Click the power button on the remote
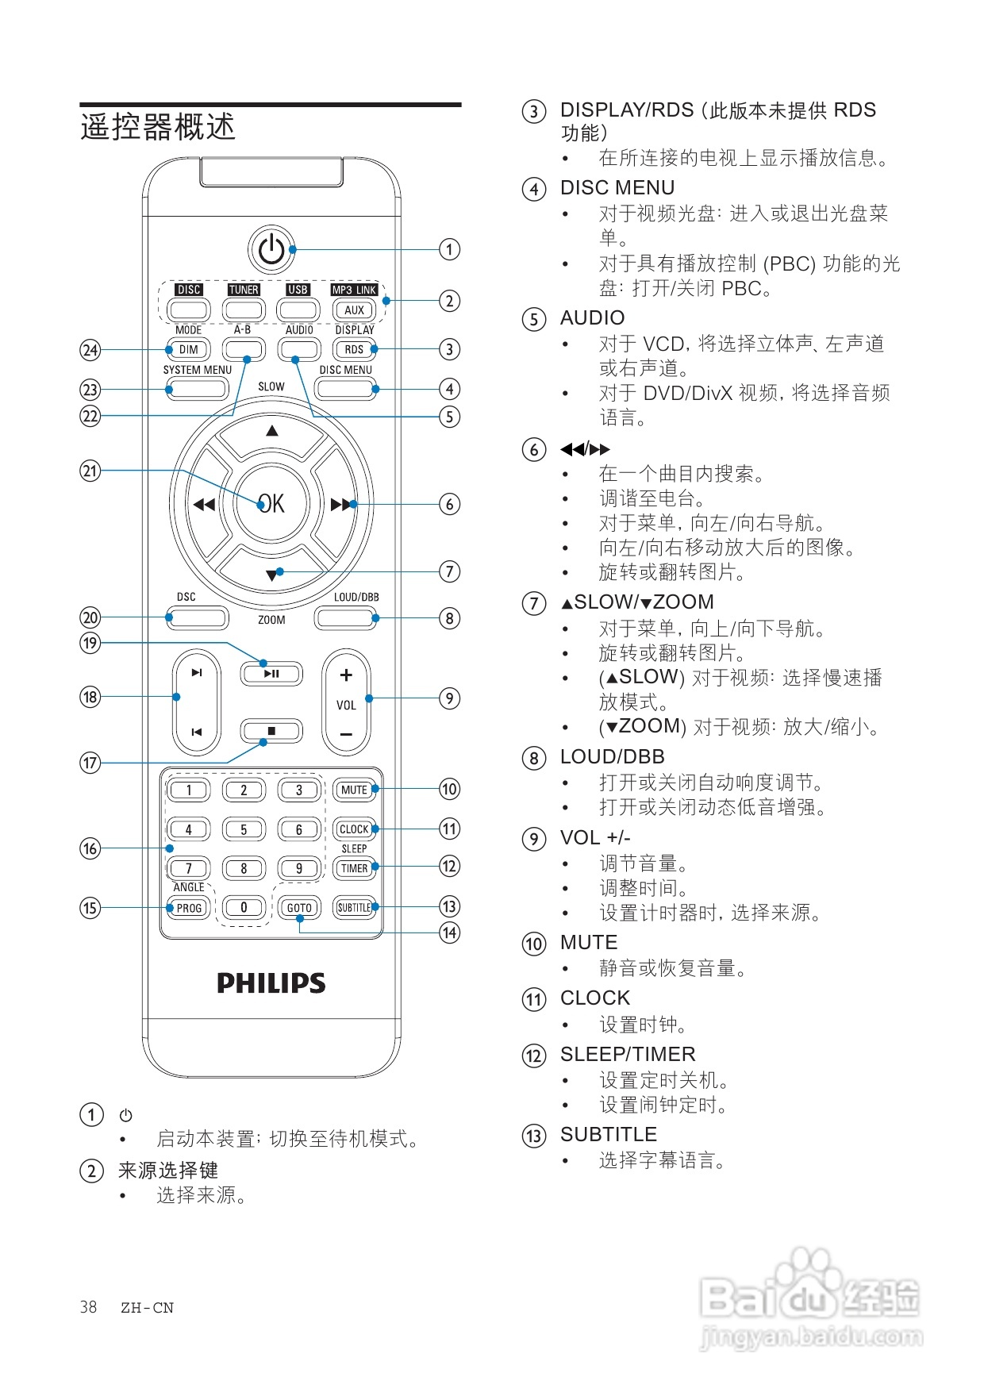click(x=271, y=250)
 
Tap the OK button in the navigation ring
click(x=271, y=503)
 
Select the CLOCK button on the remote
click(x=354, y=829)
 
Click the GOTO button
click(x=299, y=908)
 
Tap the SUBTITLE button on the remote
click(x=354, y=908)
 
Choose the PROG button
click(x=189, y=908)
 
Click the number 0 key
click(x=244, y=908)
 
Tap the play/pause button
click(x=271, y=674)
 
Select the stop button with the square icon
click(x=271, y=731)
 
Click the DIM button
click(x=189, y=349)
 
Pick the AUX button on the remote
click(x=354, y=310)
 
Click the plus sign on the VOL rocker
click(x=346, y=675)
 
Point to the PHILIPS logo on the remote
click(x=271, y=983)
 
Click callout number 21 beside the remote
click(x=90, y=471)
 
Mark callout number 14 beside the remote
click(x=450, y=932)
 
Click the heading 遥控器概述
click(x=158, y=127)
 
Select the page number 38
click(x=88, y=1307)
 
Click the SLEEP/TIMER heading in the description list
click(x=628, y=1054)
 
